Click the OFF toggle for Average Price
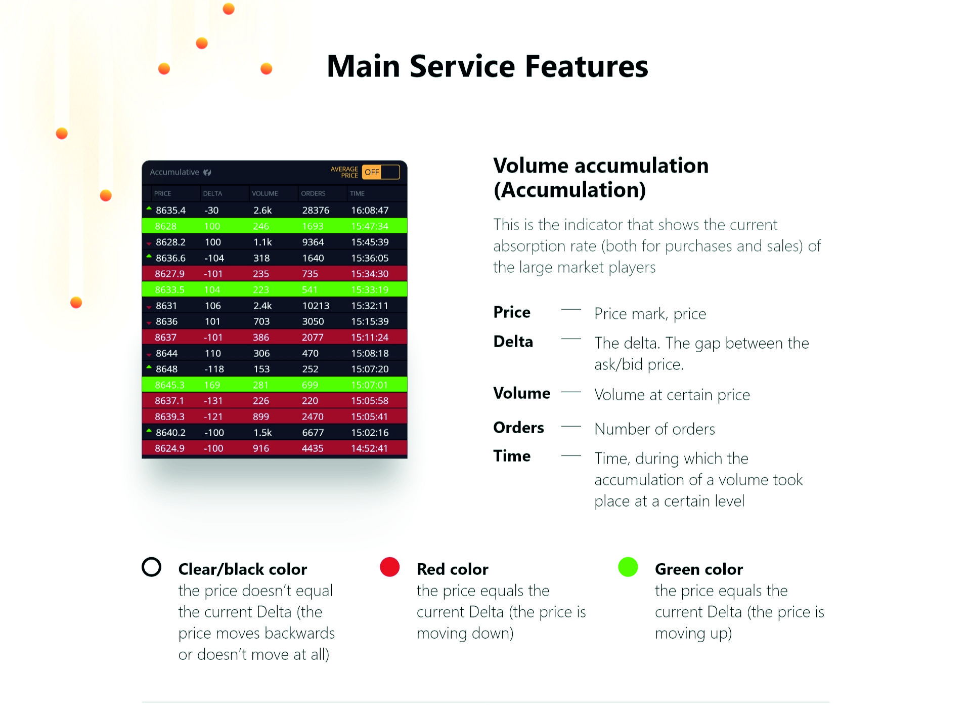(x=381, y=172)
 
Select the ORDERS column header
(x=313, y=193)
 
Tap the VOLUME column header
(x=265, y=193)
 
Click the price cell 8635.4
(x=170, y=210)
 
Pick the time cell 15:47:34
(x=370, y=226)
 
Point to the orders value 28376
(x=316, y=210)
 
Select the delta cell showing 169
(x=212, y=385)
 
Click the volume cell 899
(x=261, y=416)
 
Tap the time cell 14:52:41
(x=369, y=448)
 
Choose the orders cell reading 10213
(x=316, y=306)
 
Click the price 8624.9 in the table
(x=169, y=448)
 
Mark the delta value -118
(x=214, y=369)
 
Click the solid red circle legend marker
(x=390, y=567)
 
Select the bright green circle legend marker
(x=628, y=567)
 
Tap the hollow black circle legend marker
(x=152, y=558)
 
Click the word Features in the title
(x=587, y=66)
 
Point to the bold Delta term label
(x=513, y=342)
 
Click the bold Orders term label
(x=518, y=428)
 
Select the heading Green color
(x=699, y=569)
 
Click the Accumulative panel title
(x=174, y=172)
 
